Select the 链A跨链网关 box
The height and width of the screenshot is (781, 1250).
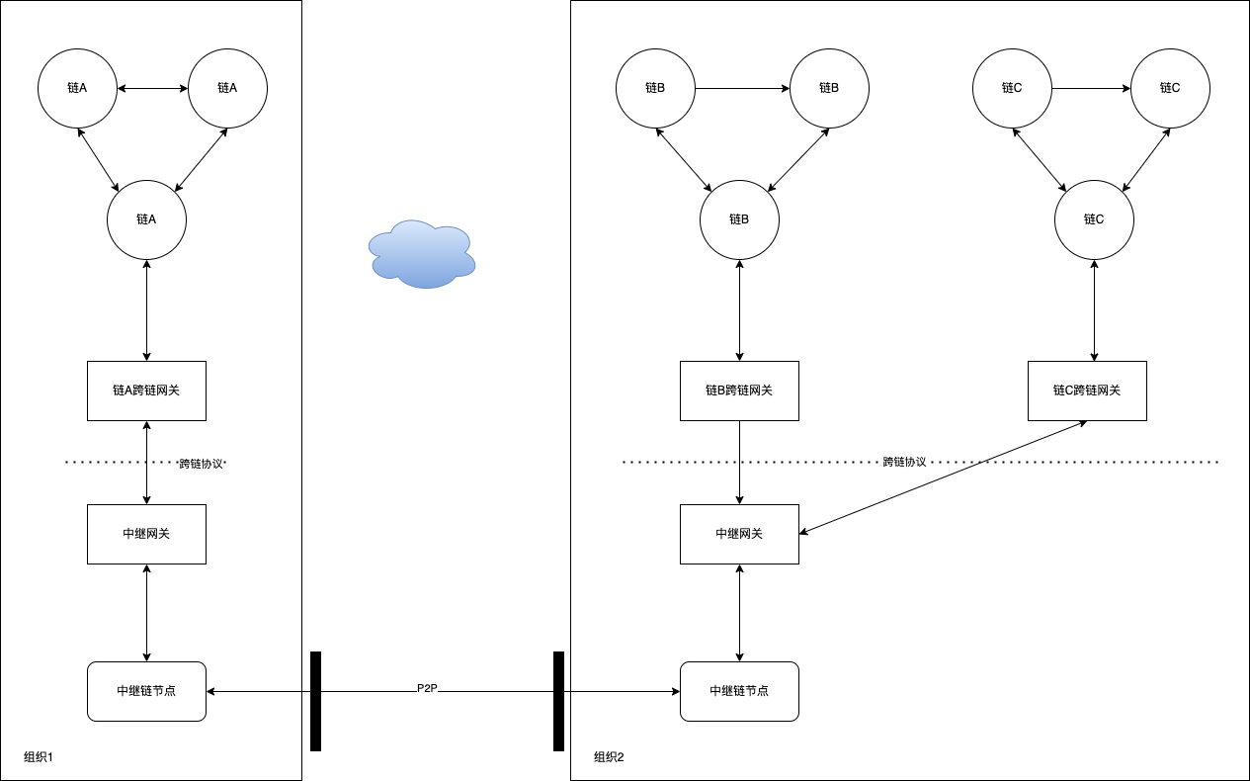pos(146,390)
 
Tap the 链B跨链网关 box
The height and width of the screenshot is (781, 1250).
pos(739,390)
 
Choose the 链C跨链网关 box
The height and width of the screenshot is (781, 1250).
pos(1087,390)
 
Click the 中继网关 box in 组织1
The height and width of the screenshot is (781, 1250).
pos(146,534)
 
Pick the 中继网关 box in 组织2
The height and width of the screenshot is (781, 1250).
pos(739,534)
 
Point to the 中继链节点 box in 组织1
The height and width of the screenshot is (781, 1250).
pos(146,691)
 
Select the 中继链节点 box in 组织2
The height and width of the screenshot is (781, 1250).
pos(739,691)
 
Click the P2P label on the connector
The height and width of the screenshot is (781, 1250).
pos(427,687)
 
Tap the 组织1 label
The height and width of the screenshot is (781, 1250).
pos(38,757)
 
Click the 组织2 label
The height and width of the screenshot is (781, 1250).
pos(609,757)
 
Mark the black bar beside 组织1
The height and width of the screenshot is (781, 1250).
pos(315,701)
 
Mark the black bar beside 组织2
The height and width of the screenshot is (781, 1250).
pos(558,701)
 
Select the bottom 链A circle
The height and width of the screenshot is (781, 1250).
pos(146,219)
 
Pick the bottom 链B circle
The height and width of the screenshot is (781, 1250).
pos(739,219)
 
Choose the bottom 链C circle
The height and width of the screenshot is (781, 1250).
pos(1094,219)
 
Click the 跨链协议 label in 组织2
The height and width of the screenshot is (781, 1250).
pos(904,462)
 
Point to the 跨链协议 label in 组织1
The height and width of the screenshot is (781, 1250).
pos(202,463)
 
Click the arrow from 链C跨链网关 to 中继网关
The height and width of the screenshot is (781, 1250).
pos(944,477)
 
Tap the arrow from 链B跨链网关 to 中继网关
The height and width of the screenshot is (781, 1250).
pos(740,462)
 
